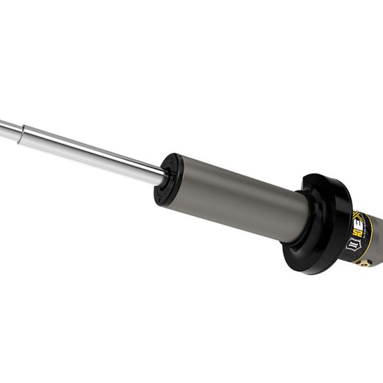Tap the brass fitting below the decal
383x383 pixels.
tap(364, 262)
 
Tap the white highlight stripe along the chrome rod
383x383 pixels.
tap(96, 147)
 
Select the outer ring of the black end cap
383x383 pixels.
tap(158, 191)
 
